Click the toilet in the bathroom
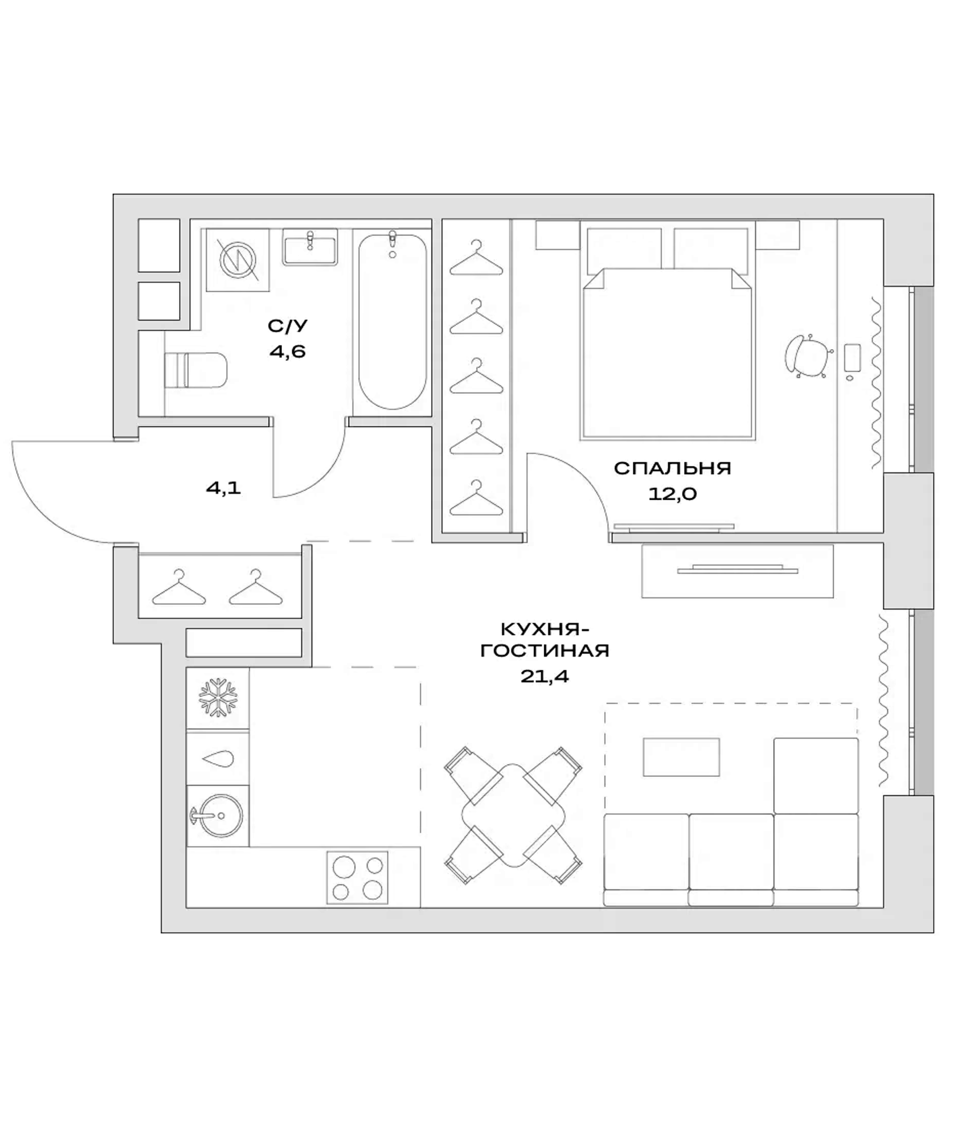[x=196, y=370]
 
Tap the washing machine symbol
[x=238, y=260]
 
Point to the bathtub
[x=392, y=321]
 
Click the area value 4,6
[x=287, y=352]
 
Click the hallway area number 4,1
[x=224, y=488]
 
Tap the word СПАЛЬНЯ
[x=672, y=468]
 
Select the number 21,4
[x=544, y=676]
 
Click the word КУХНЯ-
[x=545, y=629]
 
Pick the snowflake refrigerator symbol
[x=218, y=697]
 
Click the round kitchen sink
[x=220, y=816]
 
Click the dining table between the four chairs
[x=513, y=815]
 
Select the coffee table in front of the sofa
[x=681, y=757]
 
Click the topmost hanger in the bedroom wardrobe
[x=476, y=258]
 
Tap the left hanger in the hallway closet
[x=179, y=589]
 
